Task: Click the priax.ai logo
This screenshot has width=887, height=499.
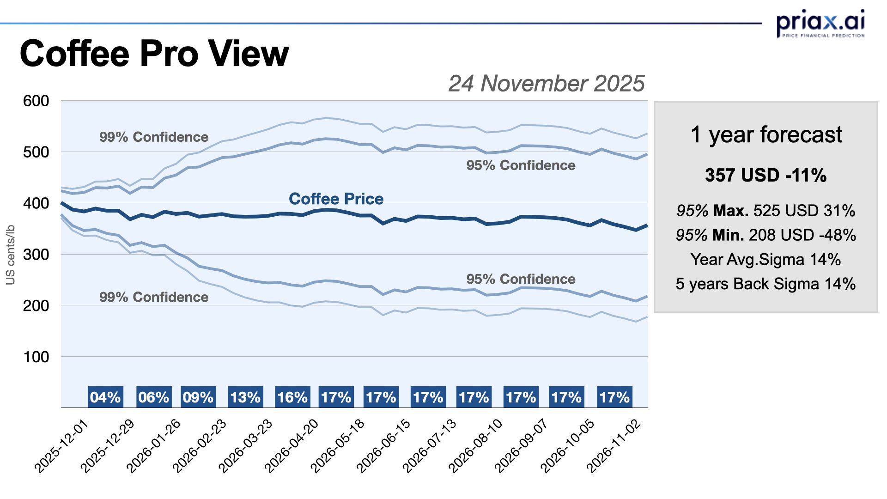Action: tap(820, 23)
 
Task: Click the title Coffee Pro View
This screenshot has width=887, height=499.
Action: tap(154, 54)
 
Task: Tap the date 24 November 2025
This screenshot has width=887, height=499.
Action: tap(546, 84)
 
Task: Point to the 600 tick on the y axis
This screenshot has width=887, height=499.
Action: tap(36, 101)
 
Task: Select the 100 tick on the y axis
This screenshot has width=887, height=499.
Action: tap(36, 357)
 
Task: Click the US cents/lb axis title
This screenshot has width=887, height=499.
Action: tap(10, 255)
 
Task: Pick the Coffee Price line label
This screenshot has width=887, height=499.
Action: tap(336, 199)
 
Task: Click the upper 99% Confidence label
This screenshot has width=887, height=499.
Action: tap(154, 137)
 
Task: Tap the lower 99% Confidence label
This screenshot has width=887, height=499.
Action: tap(154, 297)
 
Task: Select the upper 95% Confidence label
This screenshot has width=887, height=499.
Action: tap(521, 165)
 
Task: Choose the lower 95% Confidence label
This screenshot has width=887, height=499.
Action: tap(521, 279)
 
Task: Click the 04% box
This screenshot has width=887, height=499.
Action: tap(105, 397)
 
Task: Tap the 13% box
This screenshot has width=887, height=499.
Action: tap(245, 397)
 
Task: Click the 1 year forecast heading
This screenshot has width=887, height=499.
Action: tap(766, 135)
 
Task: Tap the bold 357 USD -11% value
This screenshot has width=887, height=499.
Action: tap(765, 175)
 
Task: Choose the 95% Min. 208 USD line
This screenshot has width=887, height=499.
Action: tap(765, 235)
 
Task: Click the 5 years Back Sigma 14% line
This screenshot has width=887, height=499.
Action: tap(765, 284)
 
